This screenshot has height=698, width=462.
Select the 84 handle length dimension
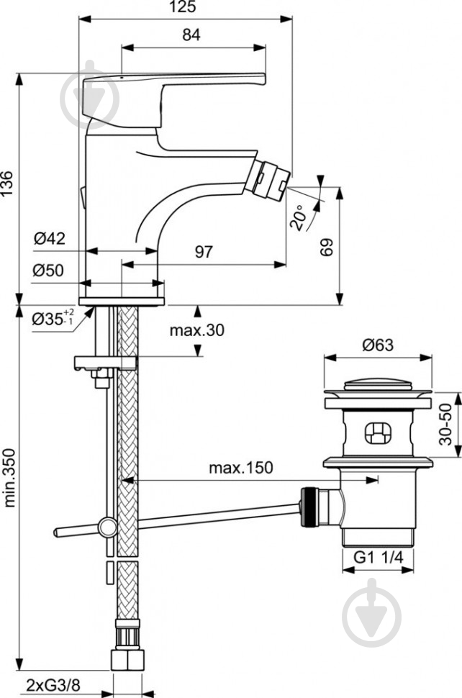click(x=191, y=33)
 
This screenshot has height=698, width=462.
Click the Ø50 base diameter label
click(x=50, y=271)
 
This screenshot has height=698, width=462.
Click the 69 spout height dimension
click(x=328, y=248)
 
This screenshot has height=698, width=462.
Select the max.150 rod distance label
click(x=241, y=468)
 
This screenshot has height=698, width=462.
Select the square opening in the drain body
click(x=376, y=432)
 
